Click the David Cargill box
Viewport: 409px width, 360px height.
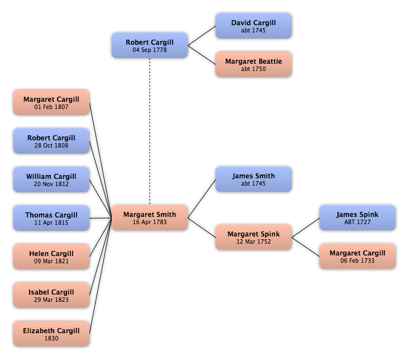[253, 26]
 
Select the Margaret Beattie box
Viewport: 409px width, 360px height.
[253, 65]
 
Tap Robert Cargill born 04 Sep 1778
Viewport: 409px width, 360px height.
[149, 46]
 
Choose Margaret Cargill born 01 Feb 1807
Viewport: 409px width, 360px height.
[51, 103]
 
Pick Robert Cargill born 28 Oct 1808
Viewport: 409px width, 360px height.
[51, 141]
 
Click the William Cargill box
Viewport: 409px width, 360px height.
[51, 180]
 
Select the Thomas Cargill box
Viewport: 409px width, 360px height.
[51, 219]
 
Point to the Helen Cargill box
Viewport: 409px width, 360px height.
[51, 257]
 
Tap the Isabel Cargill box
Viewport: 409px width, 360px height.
[51, 296]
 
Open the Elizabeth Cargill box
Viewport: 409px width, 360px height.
[51, 334]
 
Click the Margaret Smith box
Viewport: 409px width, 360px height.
[149, 218]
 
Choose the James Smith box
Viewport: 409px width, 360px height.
[253, 179]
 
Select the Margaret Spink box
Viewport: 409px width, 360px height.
[253, 238]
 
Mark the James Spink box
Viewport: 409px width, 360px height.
[357, 218]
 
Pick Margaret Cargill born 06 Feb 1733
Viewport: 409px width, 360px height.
[357, 257]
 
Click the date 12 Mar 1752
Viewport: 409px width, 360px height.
[254, 241]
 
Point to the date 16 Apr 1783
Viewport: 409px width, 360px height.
[150, 222]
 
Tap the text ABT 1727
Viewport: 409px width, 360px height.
[358, 222]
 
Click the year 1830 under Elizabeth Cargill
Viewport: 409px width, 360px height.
[51, 338]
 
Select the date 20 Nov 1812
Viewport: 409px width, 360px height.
[51, 184]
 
